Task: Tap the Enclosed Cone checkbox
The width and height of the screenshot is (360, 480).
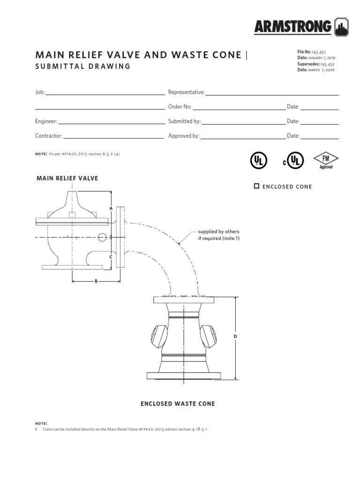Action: (256, 186)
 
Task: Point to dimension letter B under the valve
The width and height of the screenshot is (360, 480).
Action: (96, 281)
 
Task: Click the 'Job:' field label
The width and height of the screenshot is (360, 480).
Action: (40, 92)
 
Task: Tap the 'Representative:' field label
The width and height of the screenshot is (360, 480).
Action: (186, 92)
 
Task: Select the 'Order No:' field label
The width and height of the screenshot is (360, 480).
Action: (180, 107)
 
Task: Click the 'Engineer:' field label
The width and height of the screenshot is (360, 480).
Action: (46, 121)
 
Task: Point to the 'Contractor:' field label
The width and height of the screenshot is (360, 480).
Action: (49, 136)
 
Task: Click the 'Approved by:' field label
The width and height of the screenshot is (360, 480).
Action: (184, 136)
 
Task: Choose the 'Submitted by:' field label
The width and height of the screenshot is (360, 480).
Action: (184, 121)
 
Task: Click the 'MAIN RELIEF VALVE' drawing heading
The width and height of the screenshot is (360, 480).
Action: (67, 178)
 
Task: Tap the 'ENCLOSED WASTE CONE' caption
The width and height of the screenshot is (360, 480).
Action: (178, 404)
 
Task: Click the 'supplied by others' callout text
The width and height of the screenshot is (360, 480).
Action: (218, 232)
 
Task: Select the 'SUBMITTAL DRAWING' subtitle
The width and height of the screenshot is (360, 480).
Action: (82, 66)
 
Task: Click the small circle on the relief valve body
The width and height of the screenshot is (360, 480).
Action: (102, 237)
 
